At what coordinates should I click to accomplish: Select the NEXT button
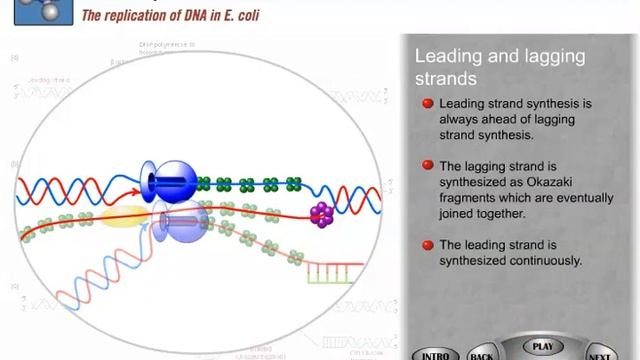[600, 355]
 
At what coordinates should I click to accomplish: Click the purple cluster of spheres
[321, 213]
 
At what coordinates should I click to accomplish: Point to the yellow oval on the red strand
[124, 216]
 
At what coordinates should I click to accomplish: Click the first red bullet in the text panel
[427, 103]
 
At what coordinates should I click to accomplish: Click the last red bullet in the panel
[427, 245]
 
